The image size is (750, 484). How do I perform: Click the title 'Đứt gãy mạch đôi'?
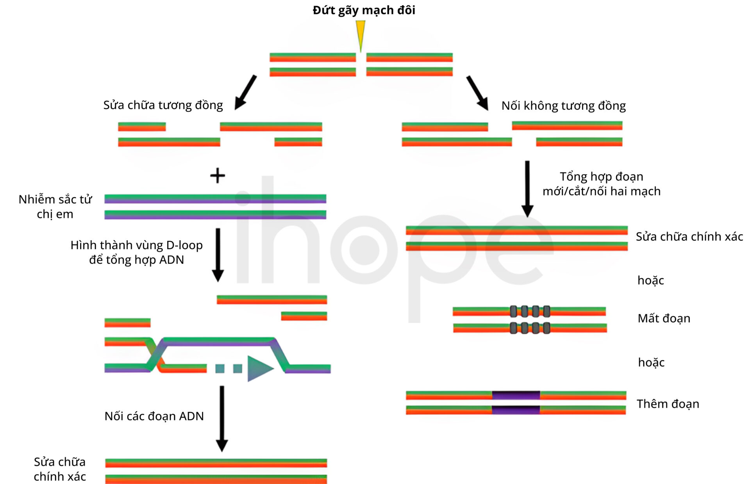coord(364,10)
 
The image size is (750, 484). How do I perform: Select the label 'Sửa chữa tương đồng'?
coord(163,105)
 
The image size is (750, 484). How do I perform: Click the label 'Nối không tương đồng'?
coord(564,106)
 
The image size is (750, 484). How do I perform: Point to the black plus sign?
coord(218,175)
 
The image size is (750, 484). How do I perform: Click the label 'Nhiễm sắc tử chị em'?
coord(55,207)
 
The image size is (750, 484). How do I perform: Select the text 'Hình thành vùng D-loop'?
coord(137,245)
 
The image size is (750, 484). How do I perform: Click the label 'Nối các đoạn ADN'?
coord(154,416)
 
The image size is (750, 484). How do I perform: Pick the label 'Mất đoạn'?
coord(664,318)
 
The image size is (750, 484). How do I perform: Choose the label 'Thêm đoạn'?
coord(668,404)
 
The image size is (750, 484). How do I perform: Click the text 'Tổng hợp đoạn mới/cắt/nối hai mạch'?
coord(602,184)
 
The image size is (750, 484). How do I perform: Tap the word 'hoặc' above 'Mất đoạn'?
coord(651,280)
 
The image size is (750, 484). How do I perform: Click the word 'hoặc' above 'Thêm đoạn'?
coord(651,362)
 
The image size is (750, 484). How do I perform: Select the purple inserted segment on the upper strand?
coord(516,395)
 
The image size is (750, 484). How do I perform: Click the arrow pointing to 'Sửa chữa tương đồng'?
coord(245,93)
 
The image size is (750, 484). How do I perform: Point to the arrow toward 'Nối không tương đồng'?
coord(477,93)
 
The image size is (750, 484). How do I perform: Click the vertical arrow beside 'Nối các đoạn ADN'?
coord(222,419)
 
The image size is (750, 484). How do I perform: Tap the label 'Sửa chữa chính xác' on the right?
coord(689,236)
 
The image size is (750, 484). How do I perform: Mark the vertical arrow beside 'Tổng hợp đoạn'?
coord(527,189)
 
